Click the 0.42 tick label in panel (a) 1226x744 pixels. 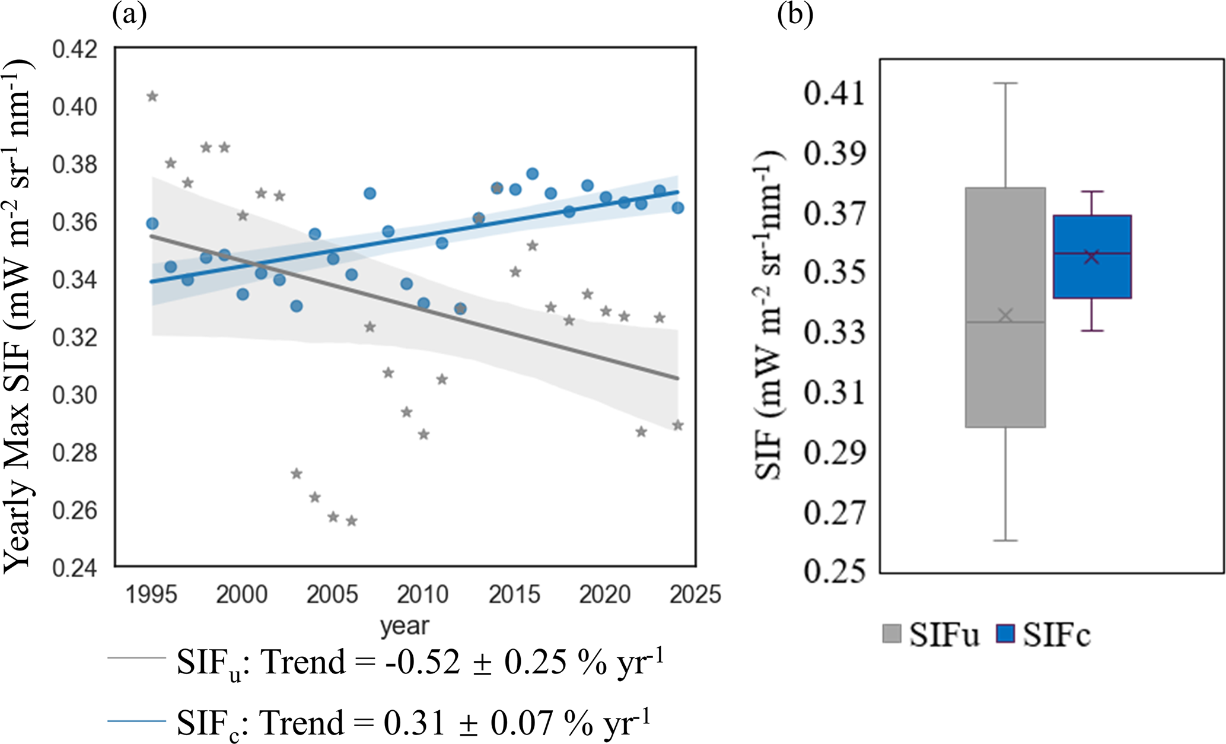point(75,50)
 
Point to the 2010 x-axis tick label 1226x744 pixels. point(423,594)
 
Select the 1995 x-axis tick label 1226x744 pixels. point(151,594)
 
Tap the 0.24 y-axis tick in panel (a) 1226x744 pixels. point(75,568)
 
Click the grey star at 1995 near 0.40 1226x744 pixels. point(152,97)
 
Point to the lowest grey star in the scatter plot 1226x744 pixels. point(351,521)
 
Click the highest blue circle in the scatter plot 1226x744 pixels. point(532,174)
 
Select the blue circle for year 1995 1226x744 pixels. point(152,223)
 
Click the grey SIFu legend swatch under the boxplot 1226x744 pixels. point(892,634)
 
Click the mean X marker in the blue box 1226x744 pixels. point(1092,257)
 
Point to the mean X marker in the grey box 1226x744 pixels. point(1005,315)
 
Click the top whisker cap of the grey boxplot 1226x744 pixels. point(1005,83)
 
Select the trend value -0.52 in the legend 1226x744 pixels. point(422,662)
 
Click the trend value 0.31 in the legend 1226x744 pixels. point(414,723)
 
